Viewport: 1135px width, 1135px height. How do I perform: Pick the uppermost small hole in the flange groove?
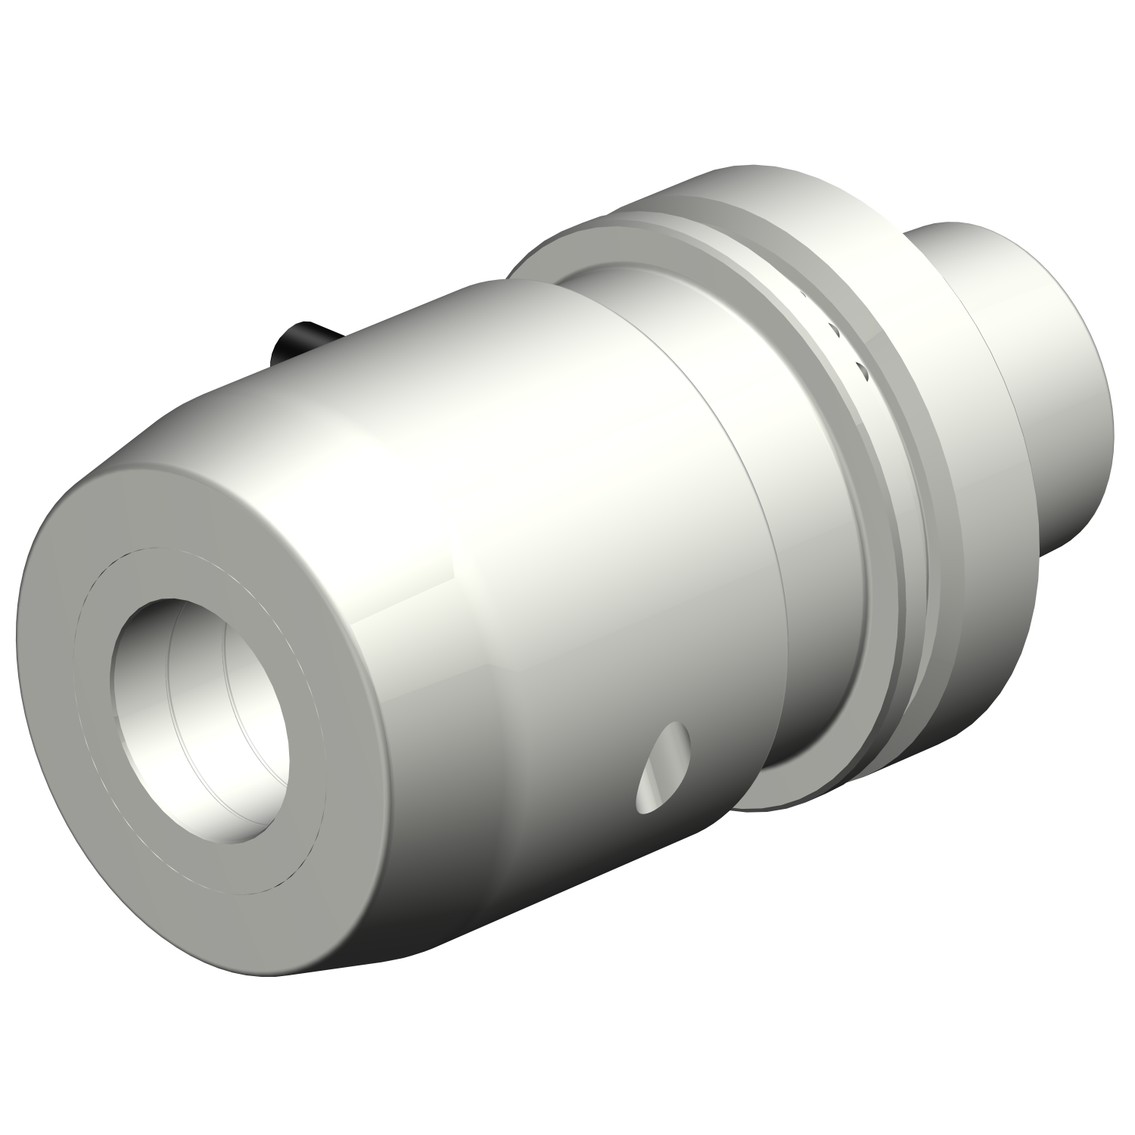pos(804,294)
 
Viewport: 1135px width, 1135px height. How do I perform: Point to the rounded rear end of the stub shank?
pos(1090,424)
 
